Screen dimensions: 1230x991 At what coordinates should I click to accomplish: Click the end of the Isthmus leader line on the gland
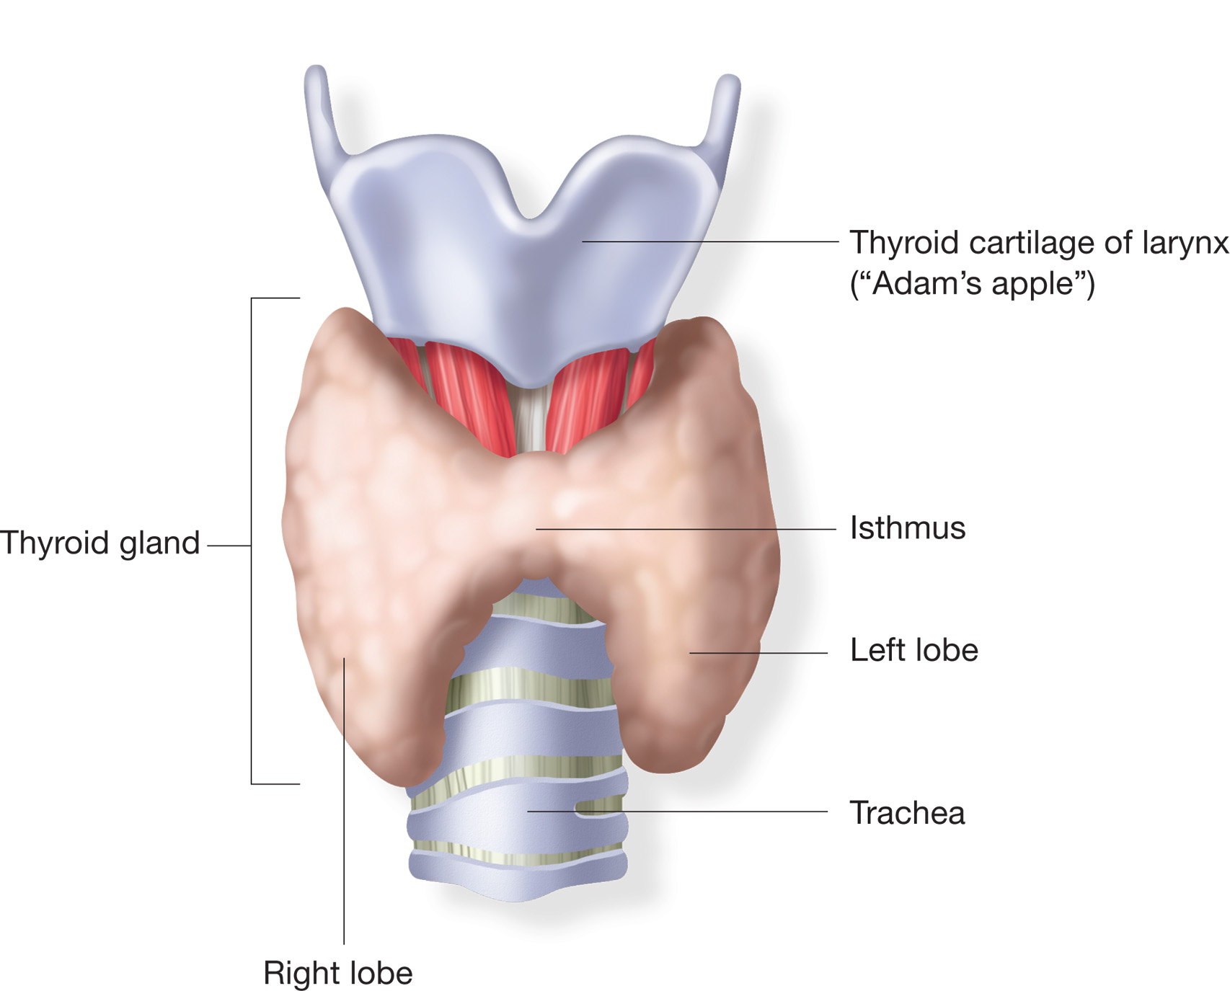tap(536, 529)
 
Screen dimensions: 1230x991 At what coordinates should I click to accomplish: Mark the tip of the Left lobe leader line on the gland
tap(690, 653)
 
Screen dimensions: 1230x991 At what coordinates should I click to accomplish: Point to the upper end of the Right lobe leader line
tap(344, 658)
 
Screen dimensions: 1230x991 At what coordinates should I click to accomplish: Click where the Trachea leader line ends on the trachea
tap(528, 812)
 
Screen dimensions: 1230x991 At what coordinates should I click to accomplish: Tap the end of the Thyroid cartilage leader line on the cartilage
tap(583, 241)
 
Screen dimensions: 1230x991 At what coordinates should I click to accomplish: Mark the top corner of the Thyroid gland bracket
tap(252, 298)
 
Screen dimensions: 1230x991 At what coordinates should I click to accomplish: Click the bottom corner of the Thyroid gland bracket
tap(252, 783)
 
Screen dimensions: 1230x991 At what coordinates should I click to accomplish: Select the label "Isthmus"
tap(908, 528)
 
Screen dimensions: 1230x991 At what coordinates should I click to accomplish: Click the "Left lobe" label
tap(914, 650)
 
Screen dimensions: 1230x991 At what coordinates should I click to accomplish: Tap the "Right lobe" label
tap(338, 973)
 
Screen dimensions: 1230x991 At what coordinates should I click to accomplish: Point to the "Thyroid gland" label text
tap(99, 543)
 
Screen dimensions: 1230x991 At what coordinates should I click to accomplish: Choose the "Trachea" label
tap(907, 813)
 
